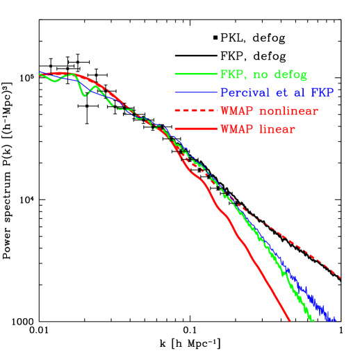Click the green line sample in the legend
point(196,74)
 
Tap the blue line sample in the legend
point(196,92)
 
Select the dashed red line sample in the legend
point(196,111)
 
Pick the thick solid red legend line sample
point(196,129)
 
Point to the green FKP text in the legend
point(231,74)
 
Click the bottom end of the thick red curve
point(289,320)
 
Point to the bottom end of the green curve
point(313,320)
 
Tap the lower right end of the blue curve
point(335,320)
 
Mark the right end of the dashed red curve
point(341,278)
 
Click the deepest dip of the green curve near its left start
point(85,95)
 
